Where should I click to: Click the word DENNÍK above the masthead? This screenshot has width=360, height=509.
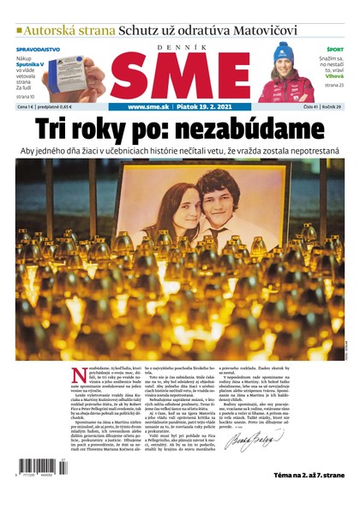[180, 47]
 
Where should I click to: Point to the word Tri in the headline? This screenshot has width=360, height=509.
[54, 130]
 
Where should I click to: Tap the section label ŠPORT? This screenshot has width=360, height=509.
[334, 50]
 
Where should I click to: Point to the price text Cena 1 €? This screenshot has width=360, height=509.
[30, 107]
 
